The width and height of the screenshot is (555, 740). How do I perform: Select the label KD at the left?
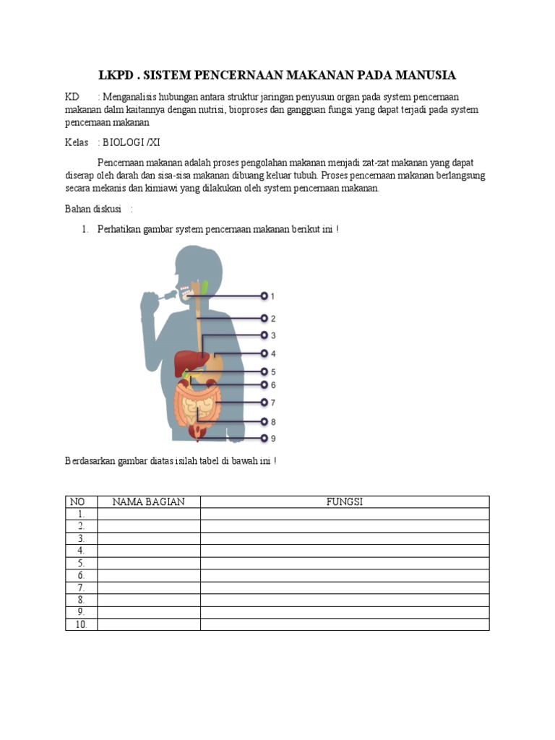[x=72, y=97]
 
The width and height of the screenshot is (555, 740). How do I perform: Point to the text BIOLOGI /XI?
[x=131, y=142]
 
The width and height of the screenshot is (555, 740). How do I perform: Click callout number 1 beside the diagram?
[x=272, y=296]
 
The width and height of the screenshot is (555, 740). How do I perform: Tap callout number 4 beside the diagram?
[x=272, y=354]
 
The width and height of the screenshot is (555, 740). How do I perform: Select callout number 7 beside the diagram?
[x=272, y=403]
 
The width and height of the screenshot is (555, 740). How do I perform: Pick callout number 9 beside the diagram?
[x=272, y=439]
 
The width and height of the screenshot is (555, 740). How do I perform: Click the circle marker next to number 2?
[x=264, y=318]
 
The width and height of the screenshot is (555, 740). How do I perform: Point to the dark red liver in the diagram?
[x=193, y=360]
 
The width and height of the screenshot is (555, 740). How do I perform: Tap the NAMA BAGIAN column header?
[x=148, y=502]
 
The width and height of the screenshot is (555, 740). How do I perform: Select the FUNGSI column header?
[x=344, y=502]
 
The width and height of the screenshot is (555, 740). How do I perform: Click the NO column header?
[x=77, y=502]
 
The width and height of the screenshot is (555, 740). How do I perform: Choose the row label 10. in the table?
[x=81, y=624]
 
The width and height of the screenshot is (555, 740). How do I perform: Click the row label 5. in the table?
[x=81, y=563]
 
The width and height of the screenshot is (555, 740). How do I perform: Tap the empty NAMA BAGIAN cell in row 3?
[x=148, y=538]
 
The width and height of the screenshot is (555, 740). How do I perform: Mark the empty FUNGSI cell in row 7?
[x=344, y=588]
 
